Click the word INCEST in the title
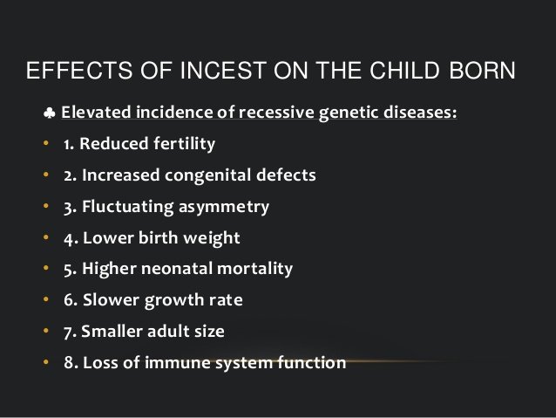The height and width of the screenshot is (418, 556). coord(223,71)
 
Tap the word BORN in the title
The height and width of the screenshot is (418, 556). coord(482,71)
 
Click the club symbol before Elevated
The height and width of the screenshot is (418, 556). coord(50,113)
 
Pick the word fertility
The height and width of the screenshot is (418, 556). coord(185,144)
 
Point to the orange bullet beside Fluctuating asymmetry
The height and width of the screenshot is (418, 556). coord(45,206)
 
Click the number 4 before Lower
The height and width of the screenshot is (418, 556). coord(69,239)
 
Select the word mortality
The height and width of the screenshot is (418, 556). coord(255,269)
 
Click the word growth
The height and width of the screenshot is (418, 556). coord(174,301)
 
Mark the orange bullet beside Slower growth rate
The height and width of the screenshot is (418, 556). coord(45,299)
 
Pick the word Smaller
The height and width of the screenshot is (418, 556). coord(112,332)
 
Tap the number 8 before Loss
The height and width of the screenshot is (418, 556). coord(69,363)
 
